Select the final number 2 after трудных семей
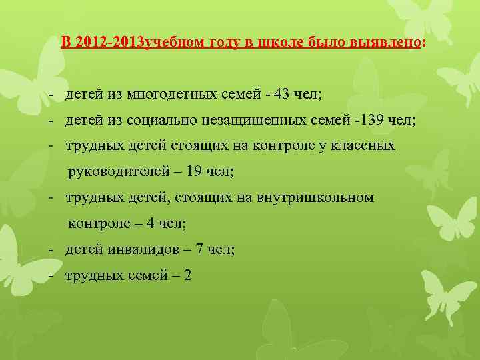(187, 275)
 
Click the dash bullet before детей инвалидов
(51, 249)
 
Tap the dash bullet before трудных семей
(51, 275)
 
